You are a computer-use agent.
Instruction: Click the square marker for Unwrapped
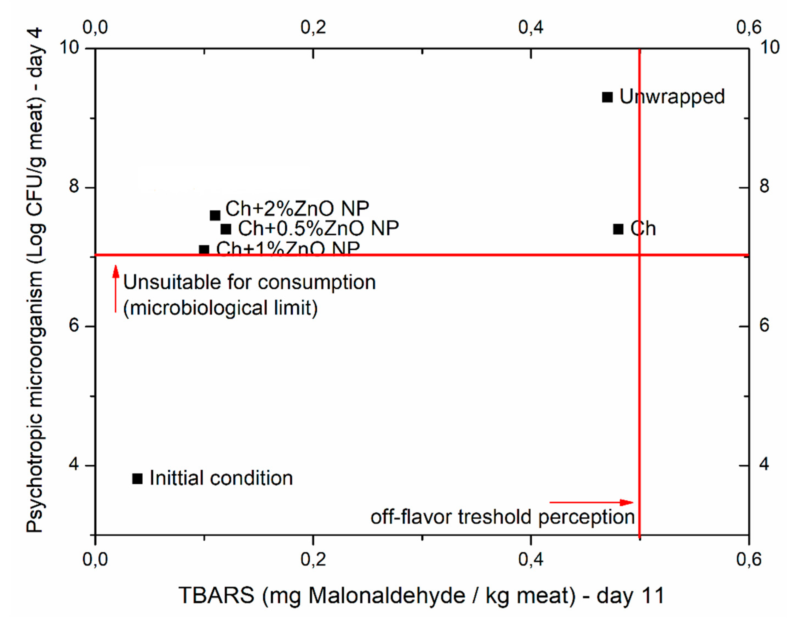tap(607, 97)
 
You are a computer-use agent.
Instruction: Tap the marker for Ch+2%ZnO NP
tap(215, 216)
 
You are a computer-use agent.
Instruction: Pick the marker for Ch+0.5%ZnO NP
tap(226, 229)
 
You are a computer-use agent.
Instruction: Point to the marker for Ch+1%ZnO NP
tap(204, 250)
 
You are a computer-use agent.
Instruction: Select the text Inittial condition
tap(221, 478)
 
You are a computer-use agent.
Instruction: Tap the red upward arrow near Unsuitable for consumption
tap(116, 289)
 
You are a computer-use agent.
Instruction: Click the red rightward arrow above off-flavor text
tap(591, 503)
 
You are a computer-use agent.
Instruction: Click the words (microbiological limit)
tap(220, 308)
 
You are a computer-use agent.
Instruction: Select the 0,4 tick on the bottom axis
tap(531, 560)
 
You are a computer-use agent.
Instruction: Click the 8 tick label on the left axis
tap(74, 187)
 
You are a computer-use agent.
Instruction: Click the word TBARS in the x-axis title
tap(216, 595)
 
